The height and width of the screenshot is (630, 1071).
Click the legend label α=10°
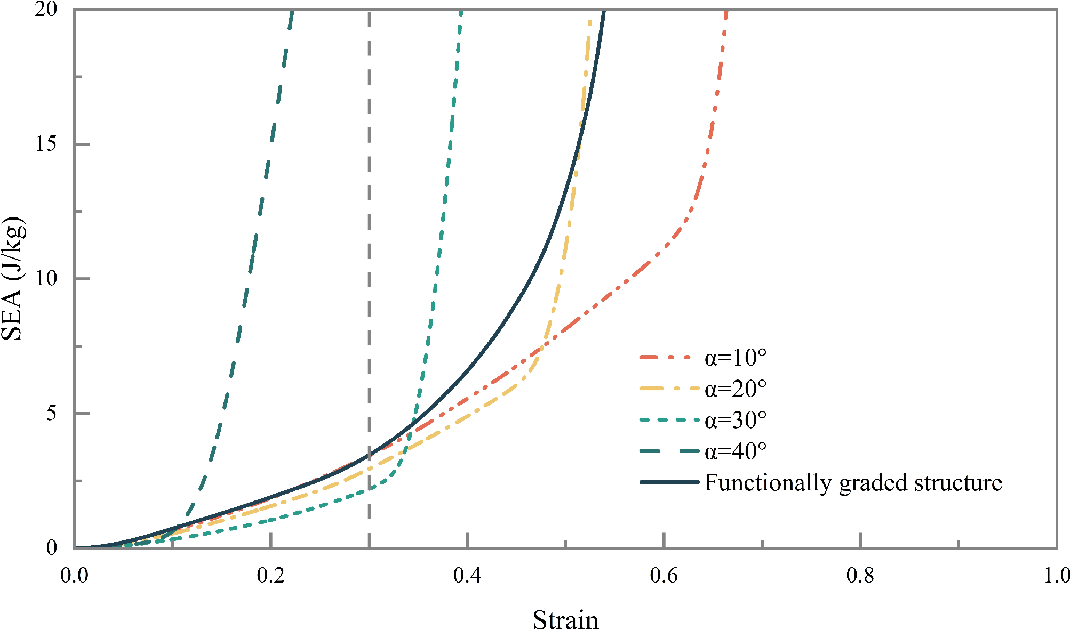[735, 358]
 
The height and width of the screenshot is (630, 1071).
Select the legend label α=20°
[735, 389]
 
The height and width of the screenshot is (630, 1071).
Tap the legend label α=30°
[735, 420]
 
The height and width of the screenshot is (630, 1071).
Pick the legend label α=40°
[735, 451]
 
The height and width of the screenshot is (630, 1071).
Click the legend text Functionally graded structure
[853, 482]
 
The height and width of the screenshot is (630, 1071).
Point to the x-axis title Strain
[565, 620]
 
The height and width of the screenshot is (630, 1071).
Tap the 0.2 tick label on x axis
[271, 576]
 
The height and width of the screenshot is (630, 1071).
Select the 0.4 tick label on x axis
[467, 576]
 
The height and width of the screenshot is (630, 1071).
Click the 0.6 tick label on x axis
[664, 576]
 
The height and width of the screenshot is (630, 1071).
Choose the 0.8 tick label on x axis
[860, 576]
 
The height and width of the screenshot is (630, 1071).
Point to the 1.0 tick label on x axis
[1056, 576]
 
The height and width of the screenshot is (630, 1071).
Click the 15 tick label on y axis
[46, 144]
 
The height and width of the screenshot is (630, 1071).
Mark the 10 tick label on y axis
[46, 278]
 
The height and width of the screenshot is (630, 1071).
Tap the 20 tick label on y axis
[46, 10]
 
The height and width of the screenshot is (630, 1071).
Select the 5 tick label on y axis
[52, 413]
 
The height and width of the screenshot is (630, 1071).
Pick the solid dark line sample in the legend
[669, 482]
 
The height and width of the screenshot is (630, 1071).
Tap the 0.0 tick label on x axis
[74, 576]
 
